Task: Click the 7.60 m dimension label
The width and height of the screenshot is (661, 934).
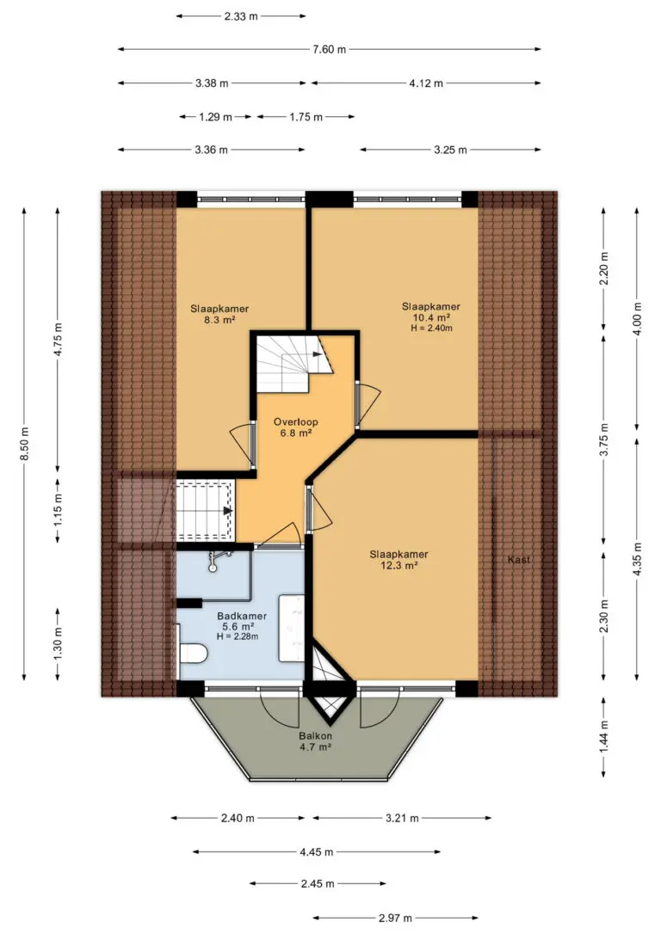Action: coord(329,49)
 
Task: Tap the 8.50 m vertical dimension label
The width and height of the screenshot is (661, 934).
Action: coord(24,444)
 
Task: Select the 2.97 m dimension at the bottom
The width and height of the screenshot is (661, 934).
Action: coord(395,918)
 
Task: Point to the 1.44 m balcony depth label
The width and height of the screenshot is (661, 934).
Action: coord(604,737)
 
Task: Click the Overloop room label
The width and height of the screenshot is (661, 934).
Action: coord(295,421)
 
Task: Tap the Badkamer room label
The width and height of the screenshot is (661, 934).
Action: coord(241,616)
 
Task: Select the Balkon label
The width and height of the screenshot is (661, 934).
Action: coord(315,736)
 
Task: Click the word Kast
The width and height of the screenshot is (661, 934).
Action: coord(518,559)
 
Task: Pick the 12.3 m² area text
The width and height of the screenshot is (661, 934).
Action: coord(398,565)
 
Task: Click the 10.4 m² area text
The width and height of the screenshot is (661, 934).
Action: coord(431,317)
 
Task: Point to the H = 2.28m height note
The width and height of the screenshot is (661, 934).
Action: coord(238,636)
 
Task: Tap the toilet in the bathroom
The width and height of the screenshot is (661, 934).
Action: coord(192,654)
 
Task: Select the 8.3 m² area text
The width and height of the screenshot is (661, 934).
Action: coord(219,320)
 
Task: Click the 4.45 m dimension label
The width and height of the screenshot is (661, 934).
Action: coord(316,851)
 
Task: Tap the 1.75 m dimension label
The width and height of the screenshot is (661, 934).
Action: coord(306,117)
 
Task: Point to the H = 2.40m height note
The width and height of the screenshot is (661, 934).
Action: coord(431,328)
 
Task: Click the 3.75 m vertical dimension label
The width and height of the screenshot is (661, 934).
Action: coord(604,439)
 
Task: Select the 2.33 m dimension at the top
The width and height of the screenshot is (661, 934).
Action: coord(241,16)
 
